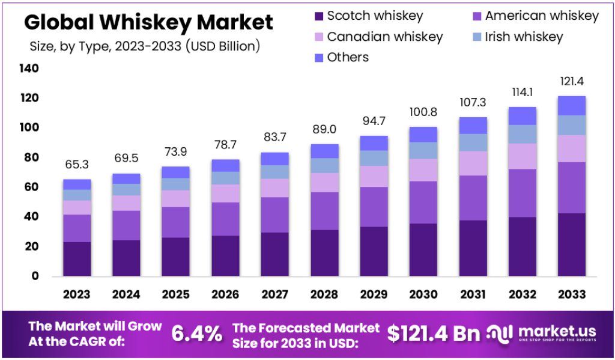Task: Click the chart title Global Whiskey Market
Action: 148,22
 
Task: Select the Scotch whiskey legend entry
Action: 368,16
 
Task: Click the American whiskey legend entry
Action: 535,16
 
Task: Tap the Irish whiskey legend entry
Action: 517,37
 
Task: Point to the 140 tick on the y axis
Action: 29,69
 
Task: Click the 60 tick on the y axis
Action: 31,187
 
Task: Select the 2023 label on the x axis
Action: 77,294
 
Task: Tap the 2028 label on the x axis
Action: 324,294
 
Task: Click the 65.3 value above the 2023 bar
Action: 77,165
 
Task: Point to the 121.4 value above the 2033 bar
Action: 571,81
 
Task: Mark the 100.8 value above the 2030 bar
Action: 423,112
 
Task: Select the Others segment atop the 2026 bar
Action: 225,165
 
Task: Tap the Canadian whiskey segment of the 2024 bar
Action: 126,203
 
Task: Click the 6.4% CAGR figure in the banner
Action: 197,334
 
